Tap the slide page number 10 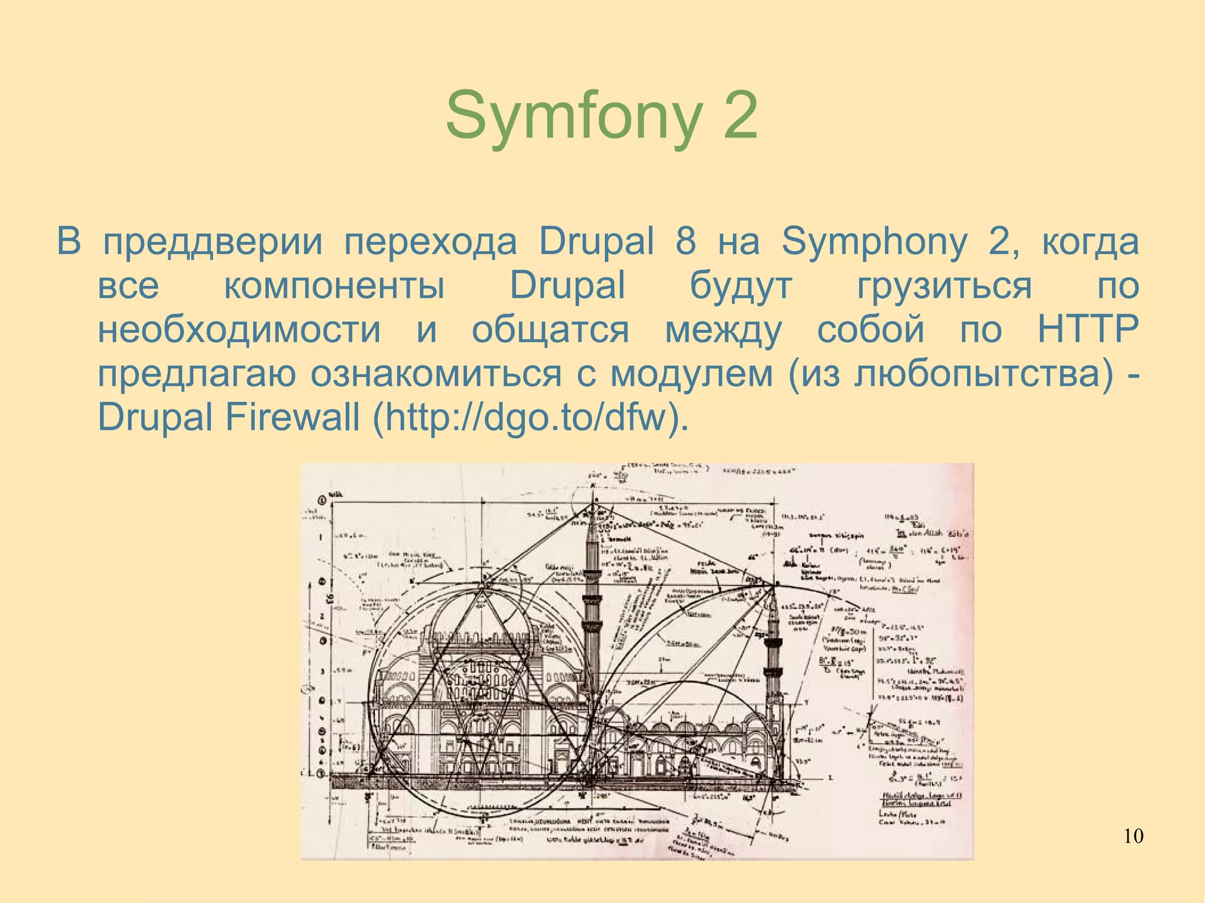[1133, 836]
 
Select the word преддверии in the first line [213, 242]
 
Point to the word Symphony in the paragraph [874, 242]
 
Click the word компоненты [334, 286]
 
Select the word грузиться [944, 287]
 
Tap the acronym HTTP [1087, 329]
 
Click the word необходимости [239, 329]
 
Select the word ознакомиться [436, 374]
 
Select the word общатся [550, 331]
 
